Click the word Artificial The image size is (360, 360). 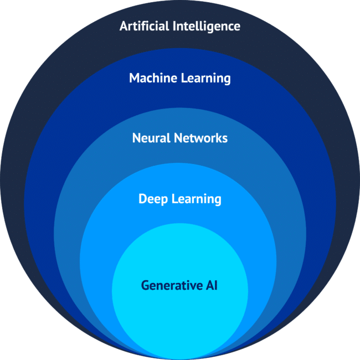[x=144, y=25]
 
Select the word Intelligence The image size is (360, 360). [x=207, y=27]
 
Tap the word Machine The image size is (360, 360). [x=153, y=78]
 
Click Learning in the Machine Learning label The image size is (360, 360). [x=205, y=79]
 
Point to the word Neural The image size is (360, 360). [x=151, y=138]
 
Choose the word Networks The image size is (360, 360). [x=200, y=138]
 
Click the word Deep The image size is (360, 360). [x=153, y=199]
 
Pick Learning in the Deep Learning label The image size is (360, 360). [x=197, y=199]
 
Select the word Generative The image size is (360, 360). [x=172, y=285]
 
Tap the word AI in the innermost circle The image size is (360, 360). [x=212, y=285]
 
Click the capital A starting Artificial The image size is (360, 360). [x=124, y=26]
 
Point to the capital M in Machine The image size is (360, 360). [x=135, y=78]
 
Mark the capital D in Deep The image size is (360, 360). [x=142, y=199]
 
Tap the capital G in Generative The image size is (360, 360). [x=146, y=285]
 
